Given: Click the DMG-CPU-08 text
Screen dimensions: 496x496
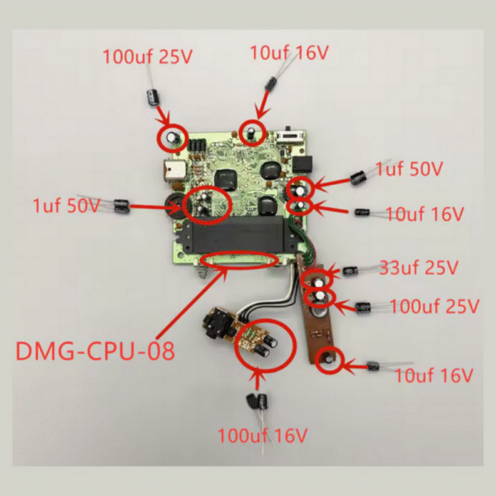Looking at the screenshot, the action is point(95,351).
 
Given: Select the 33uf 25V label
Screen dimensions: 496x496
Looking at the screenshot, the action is point(418,268).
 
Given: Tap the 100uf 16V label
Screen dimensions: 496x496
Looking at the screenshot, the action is point(262,436).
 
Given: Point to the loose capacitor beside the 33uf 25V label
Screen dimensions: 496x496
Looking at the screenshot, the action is point(351,271).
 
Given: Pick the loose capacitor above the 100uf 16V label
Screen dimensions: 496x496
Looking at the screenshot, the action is point(257,401).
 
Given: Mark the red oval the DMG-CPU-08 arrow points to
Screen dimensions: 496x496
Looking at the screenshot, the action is point(240,260).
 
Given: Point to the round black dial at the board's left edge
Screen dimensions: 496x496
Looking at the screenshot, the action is point(174,206).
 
